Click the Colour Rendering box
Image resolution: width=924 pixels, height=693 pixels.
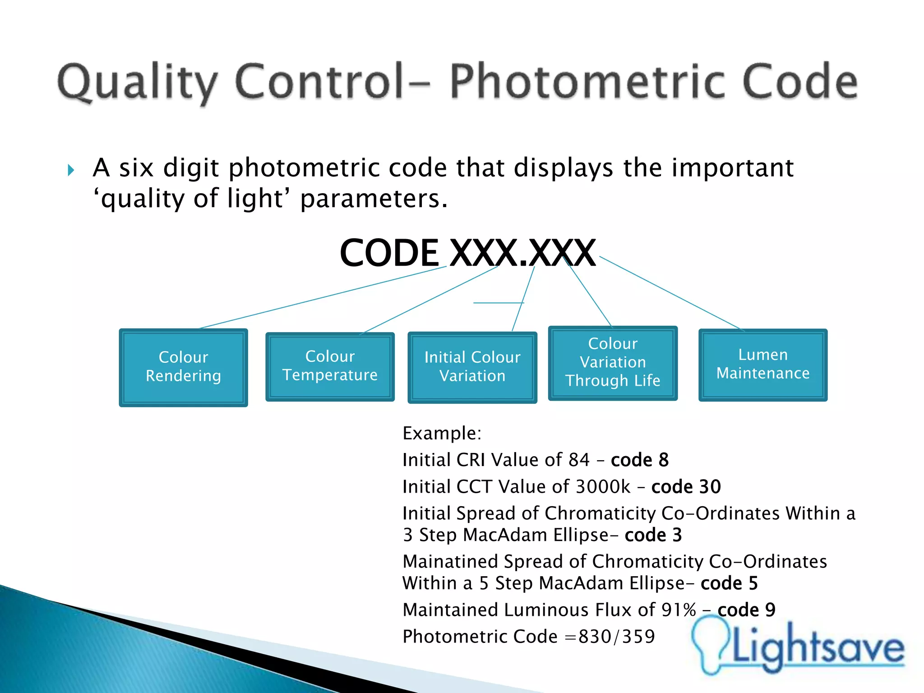tap(183, 367)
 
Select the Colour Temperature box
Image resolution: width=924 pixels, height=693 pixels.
tap(330, 366)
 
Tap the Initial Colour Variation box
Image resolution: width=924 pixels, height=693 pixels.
tap(472, 367)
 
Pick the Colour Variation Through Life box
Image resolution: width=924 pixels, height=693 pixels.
tap(613, 363)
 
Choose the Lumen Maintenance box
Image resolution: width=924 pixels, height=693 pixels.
tap(763, 365)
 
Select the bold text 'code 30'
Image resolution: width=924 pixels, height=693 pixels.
tap(686, 487)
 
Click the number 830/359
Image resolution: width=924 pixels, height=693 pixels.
tap(616, 637)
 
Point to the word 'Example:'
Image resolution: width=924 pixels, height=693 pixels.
tap(442, 433)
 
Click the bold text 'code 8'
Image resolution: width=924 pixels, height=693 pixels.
tap(639, 460)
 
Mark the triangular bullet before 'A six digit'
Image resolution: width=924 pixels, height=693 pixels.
tap(71, 170)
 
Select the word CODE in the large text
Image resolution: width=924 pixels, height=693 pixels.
tap(389, 253)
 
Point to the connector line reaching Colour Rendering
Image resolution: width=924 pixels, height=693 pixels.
tap(323, 297)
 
